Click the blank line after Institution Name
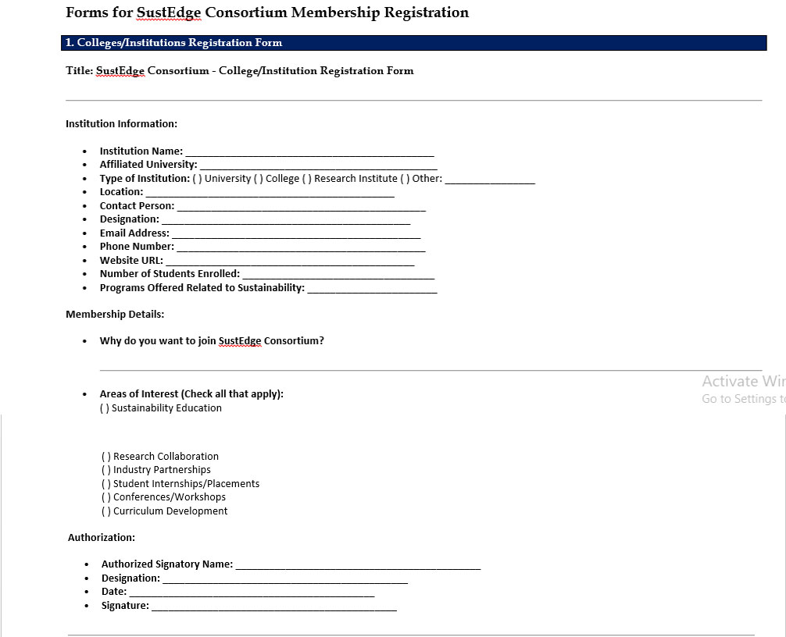pyautogui.click(x=309, y=152)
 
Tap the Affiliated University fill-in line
pyautogui.click(x=318, y=165)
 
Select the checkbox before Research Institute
pyautogui.click(x=307, y=179)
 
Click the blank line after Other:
pyautogui.click(x=490, y=180)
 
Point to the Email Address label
pyautogui.click(x=134, y=233)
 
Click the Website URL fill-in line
pyautogui.click(x=290, y=262)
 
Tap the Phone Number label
pyautogui.click(x=137, y=247)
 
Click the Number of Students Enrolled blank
pyautogui.click(x=338, y=275)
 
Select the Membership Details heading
pyautogui.click(x=115, y=315)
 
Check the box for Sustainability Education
pyautogui.click(x=105, y=408)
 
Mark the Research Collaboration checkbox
pyautogui.click(x=106, y=457)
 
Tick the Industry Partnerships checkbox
pyautogui.click(x=106, y=470)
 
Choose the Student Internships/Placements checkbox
pyautogui.click(x=106, y=484)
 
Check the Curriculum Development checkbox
pyautogui.click(x=106, y=511)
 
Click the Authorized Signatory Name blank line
pyautogui.click(x=358, y=565)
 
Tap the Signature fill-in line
pyautogui.click(x=273, y=607)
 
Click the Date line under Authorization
pyautogui.click(x=252, y=593)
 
